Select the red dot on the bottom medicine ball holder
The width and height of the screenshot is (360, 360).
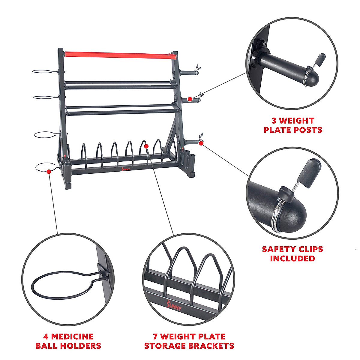pyautogui.click(x=48, y=171)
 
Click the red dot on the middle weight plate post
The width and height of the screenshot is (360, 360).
pyautogui.click(x=190, y=99)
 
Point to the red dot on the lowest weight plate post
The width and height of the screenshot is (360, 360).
pyautogui.click(x=201, y=143)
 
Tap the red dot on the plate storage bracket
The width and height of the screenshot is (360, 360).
pyautogui.click(x=146, y=146)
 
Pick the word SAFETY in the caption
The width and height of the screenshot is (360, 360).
pyautogui.click(x=279, y=249)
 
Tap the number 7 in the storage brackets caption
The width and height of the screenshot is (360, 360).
pyautogui.click(x=156, y=336)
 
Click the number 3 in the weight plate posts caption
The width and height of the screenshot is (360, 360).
pyautogui.click(x=274, y=121)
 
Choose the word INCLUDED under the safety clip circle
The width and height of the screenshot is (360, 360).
pyautogui.click(x=292, y=258)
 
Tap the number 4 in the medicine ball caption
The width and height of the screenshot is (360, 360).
pyautogui.click(x=46, y=336)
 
